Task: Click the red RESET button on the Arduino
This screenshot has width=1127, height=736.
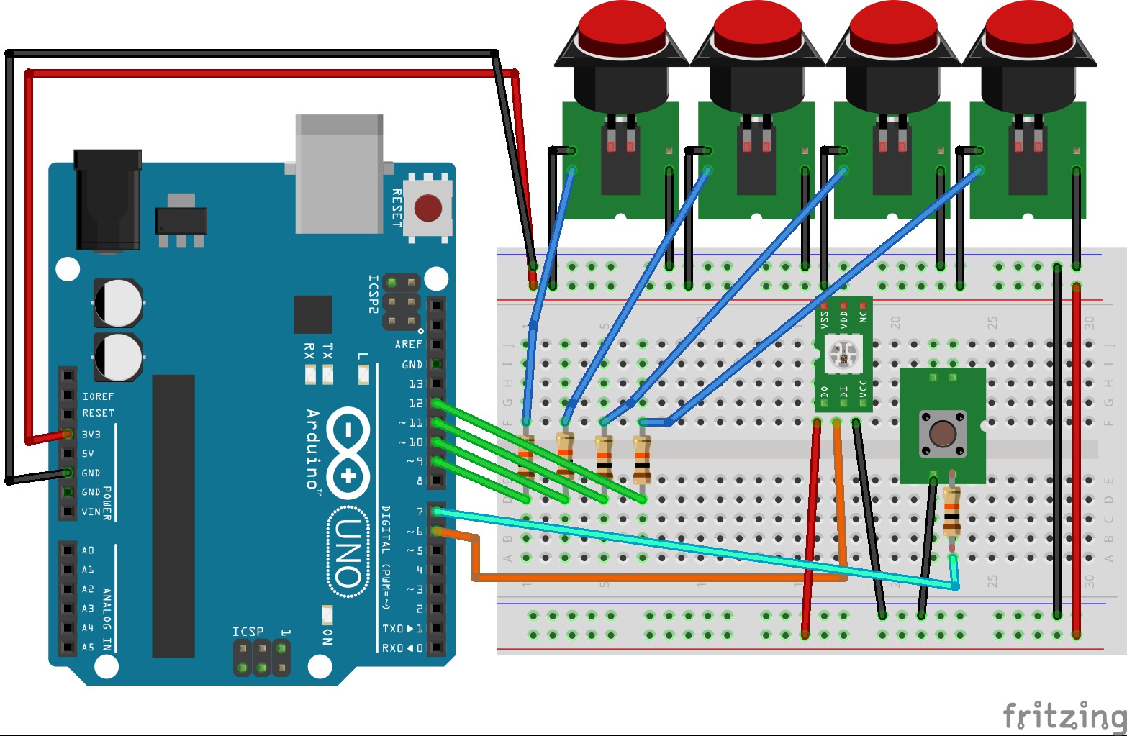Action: tap(428, 208)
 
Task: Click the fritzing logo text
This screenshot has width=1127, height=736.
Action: tap(1064, 715)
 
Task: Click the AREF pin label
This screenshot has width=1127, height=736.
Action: tap(408, 345)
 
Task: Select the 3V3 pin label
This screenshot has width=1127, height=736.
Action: tap(91, 435)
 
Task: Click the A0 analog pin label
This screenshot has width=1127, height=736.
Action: tap(88, 550)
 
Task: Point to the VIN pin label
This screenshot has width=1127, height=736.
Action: tap(91, 512)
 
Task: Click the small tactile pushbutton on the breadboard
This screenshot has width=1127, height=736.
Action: tap(943, 433)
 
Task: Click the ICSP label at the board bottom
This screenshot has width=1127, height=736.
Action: tap(248, 632)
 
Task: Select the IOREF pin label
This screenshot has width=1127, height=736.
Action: tap(99, 396)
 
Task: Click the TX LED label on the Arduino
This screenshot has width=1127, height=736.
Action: tap(327, 351)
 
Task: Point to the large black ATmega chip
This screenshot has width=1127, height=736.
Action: tap(173, 515)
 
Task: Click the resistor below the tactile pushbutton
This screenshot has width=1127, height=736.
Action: tap(952, 511)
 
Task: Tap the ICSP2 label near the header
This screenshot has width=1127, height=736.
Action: tap(373, 294)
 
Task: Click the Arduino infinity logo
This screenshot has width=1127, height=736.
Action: tap(348, 453)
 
